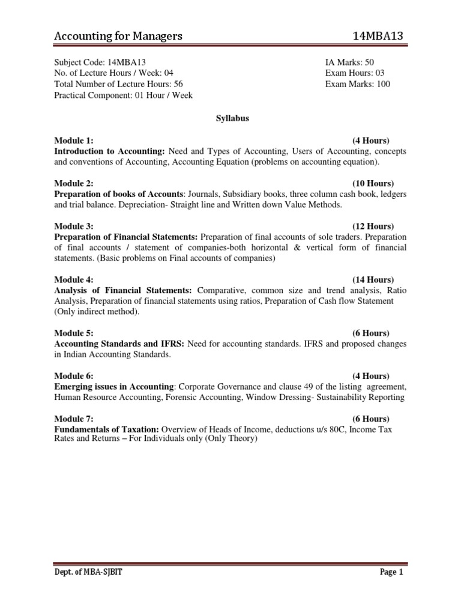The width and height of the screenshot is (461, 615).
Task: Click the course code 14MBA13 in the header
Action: pos(379,37)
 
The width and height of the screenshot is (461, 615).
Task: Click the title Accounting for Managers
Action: pos(118,37)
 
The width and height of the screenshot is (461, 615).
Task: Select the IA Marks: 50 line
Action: pos(350,62)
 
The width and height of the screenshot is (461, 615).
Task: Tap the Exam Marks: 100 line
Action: pos(358,84)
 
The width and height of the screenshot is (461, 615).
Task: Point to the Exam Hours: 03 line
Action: pos(353,73)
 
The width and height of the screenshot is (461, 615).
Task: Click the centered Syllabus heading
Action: pos(232,118)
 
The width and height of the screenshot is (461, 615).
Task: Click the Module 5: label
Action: pos(73,333)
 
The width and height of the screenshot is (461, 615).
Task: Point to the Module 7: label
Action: pos(73,419)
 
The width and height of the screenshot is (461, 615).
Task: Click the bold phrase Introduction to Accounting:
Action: pos(110,151)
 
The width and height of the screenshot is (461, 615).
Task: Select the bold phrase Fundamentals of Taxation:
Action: pos(106,429)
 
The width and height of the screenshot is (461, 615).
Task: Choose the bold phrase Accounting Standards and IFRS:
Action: pos(120,344)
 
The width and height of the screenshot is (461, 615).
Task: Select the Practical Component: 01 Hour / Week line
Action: pos(124,95)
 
